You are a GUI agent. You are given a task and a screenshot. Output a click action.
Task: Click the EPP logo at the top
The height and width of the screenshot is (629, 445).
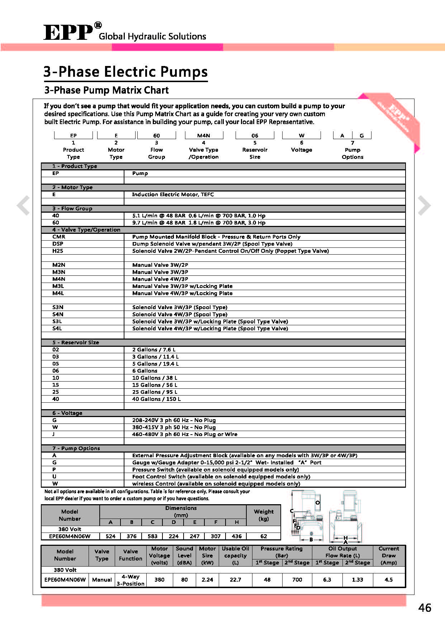pyautogui.click(x=68, y=32)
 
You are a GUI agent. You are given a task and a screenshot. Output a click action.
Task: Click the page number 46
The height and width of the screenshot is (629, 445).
pyautogui.click(x=425, y=607)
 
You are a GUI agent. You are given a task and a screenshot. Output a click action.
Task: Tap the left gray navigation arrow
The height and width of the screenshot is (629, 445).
pyautogui.click(x=24, y=205)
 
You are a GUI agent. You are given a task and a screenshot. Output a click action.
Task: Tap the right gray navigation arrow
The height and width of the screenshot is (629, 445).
pyautogui.click(x=424, y=205)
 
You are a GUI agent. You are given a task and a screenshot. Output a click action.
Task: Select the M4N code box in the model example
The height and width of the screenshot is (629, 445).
pyautogui.click(x=204, y=136)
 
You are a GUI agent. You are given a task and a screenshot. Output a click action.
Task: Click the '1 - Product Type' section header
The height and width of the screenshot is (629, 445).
pyautogui.click(x=75, y=166)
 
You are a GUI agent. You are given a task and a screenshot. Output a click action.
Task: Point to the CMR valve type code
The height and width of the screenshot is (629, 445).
pyautogui.click(x=59, y=237)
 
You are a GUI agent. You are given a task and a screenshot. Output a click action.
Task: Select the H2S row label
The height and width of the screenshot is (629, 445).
pyautogui.click(x=58, y=251)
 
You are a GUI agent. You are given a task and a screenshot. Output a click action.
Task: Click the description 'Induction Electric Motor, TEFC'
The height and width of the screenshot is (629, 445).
pyautogui.click(x=173, y=194)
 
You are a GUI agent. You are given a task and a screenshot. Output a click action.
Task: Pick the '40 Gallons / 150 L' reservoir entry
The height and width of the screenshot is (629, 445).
pyautogui.click(x=156, y=399)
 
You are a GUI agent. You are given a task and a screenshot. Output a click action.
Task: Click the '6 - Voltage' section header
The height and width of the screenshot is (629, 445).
pyautogui.click(x=67, y=413)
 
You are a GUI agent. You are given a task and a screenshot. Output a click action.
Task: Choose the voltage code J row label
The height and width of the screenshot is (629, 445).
pyautogui.click(x=54, y=434)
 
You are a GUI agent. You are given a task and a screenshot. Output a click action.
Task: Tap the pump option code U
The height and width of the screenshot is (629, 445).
pyautogui.click(x=54, y=477)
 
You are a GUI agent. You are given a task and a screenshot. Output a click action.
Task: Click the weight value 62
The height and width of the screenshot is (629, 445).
pyautogui.click(x=264, y=536)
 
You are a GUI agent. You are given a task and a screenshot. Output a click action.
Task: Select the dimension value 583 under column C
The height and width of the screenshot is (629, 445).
pyautogui.click(x=152, y=536)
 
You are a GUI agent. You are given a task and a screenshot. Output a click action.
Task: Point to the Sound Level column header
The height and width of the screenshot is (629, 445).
pyautogui.click(x=184, y=555)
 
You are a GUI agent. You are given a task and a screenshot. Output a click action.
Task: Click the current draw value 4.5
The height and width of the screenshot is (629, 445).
pyautogui.click(x=389, y=580)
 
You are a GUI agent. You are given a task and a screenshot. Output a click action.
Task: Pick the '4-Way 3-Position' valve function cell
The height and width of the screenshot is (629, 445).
pyautogui.click(x=131, y=580)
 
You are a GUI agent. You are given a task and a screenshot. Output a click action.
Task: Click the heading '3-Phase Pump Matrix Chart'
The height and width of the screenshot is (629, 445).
pyautogui.click(x=106, y=90)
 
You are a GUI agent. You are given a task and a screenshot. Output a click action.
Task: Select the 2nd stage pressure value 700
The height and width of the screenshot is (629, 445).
pyautogui.click(x=297, y=580)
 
